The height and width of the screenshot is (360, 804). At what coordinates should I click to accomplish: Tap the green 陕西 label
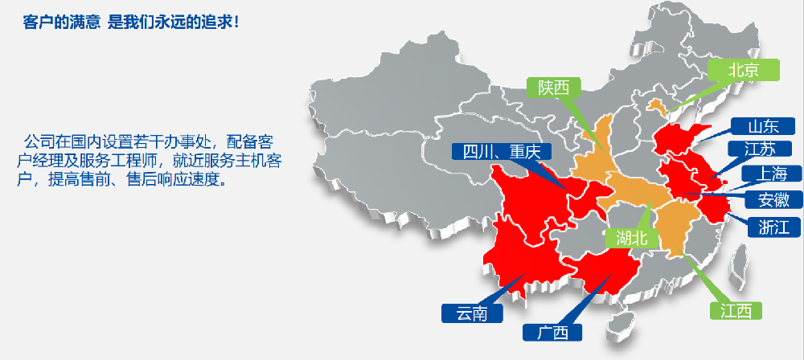pos(554,87)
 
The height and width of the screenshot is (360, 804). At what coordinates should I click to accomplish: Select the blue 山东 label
pos(762,126)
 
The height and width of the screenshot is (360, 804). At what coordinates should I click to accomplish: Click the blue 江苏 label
pos(760,149)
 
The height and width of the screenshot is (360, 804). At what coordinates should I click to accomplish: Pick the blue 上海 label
pos(770,174)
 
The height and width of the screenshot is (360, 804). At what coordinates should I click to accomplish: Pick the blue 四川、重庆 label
pos(494,151)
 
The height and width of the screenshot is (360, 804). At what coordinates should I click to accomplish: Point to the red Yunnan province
pos(515,257)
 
